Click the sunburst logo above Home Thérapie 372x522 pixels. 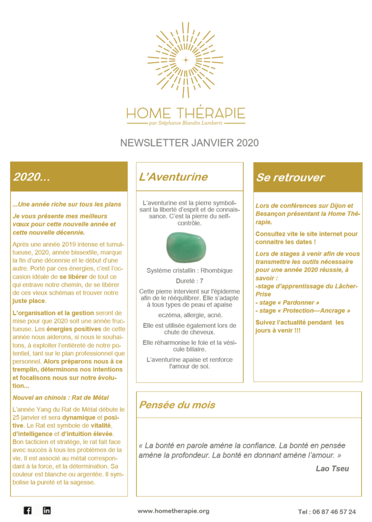coord(186,60)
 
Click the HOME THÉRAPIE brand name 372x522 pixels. coord(186,113)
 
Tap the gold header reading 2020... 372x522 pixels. coord(32,177)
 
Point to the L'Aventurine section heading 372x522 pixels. coord(173,177)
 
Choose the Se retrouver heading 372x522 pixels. coord(290,177)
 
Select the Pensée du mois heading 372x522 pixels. coord(177,405)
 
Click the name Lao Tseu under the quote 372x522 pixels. coord(332,468)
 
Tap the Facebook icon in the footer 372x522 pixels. coord(28,510)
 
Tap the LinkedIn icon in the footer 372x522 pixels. coord(47,510)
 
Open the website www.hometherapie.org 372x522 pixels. coord(173,511)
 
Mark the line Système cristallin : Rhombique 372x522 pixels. coord(189,270)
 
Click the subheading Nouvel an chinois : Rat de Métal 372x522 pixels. coord(61,398)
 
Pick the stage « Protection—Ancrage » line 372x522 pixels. coord(303,310)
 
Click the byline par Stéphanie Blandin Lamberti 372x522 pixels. coord(186,123)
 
